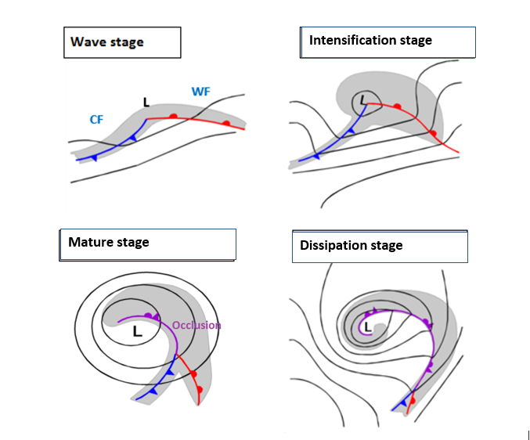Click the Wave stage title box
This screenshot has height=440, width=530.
[x=122, y=42]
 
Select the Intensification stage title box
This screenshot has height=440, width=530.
[x=388, y=41]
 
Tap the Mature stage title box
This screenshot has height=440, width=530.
[x=147, y=244]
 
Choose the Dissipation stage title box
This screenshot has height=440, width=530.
[x=380, y=246]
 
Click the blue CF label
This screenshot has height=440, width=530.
[x=96, y=119]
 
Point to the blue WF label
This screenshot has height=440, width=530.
[x=200, y=92]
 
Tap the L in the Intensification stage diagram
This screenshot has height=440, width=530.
[x=362, y=100]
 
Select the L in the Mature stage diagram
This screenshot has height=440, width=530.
[x=137, y=332]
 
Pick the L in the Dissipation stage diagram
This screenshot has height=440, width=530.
[x=367, y=326]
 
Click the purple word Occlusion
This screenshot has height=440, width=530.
[x=196, y=325]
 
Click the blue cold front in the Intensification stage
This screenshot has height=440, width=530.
[x=333, y=142]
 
